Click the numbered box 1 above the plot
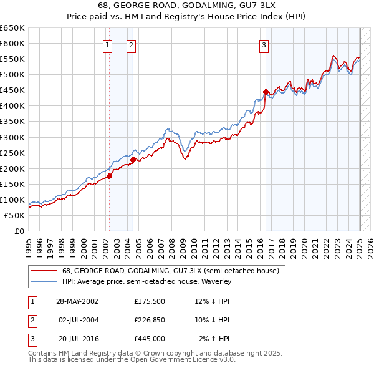pyautogui.click(x=108, y=44)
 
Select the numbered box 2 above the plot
pyautogui.click(x=132, y=44)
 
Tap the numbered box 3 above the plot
pyautogui.click(x=264, y=44)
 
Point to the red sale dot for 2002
pyautogui.click(x=109, y=176)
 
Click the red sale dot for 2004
pyautogui.click(x=133, y=160)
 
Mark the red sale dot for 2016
pyautogui.click(x=266, y=92)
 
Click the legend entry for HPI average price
pyautogui.click(x=146, y=281)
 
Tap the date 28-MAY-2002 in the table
pyautogui.click(x=77, y=301)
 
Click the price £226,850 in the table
pyautogui.click(x=150, y=320)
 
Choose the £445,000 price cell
pyautogui.click(x=150, y=339)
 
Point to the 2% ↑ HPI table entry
pyautogui.click(x=214, y=339)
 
